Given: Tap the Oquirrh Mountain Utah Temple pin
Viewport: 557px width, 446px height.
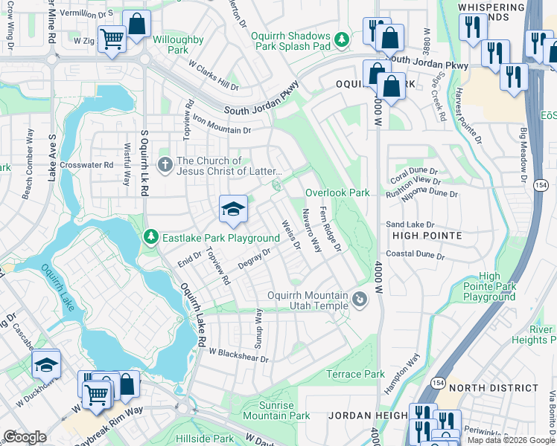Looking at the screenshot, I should click(x=360, y=300).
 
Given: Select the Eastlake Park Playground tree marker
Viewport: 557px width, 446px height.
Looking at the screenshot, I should click(x=150, y=237).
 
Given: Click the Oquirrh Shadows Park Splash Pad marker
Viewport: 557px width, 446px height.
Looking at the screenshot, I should click(x=342, y=38).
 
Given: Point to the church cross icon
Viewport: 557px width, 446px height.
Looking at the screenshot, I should click(x=165, y=162).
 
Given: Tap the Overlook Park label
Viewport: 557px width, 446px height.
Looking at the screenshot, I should click(x=337, y=193).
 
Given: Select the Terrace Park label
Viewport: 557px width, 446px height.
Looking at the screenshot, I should click(x=355, y=374).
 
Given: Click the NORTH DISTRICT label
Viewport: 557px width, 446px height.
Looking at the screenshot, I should click(x=494, y=388).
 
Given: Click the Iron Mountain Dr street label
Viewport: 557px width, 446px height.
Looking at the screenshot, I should click(x=222, y=124).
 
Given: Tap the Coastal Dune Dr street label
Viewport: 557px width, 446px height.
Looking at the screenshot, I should click(x=415, y=256).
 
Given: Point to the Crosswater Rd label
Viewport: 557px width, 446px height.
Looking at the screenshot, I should click(x=86, y=165).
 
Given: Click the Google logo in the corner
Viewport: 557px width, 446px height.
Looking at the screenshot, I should click(x=25, y=437).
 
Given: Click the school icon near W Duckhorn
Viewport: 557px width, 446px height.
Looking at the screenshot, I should click(x=45, y=365).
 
